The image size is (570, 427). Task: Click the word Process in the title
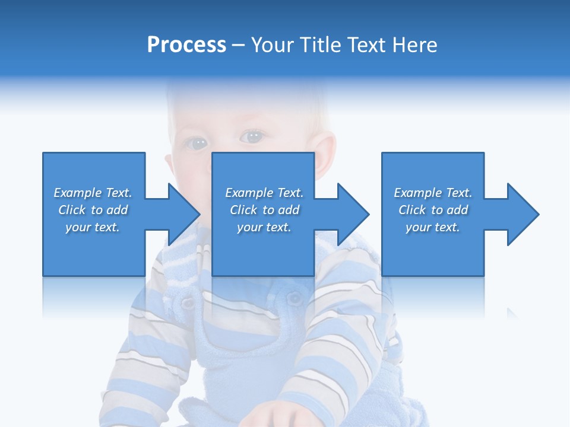coord(186,45)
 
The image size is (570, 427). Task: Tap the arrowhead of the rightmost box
coord(522,214)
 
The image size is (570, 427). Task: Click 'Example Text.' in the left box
coord(93,193)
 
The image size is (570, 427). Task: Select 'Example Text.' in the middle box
coord(264,193)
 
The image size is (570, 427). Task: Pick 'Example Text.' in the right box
coord(433,193)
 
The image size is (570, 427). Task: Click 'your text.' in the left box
coord(93,227)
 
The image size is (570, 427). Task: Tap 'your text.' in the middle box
coord(264,227)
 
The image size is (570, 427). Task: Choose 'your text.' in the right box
coord(433,227)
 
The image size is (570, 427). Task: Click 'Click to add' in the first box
coord(93,210)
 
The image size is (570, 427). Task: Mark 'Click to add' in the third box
coord(433,210)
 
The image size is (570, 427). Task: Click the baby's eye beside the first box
coord(196,142)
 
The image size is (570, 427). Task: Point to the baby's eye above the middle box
coord(252,137)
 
